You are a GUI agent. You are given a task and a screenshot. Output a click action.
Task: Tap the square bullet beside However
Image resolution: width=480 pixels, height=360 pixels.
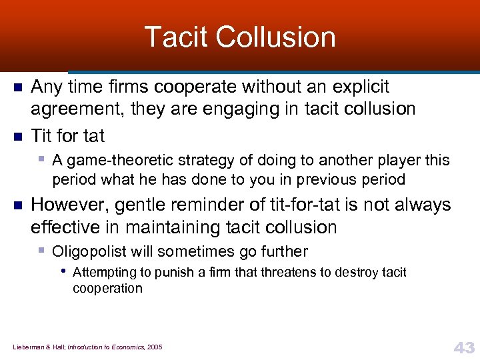click(x=19, y=206)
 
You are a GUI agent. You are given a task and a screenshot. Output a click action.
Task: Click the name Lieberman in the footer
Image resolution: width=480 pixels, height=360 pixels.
click(x=28, y=347)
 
